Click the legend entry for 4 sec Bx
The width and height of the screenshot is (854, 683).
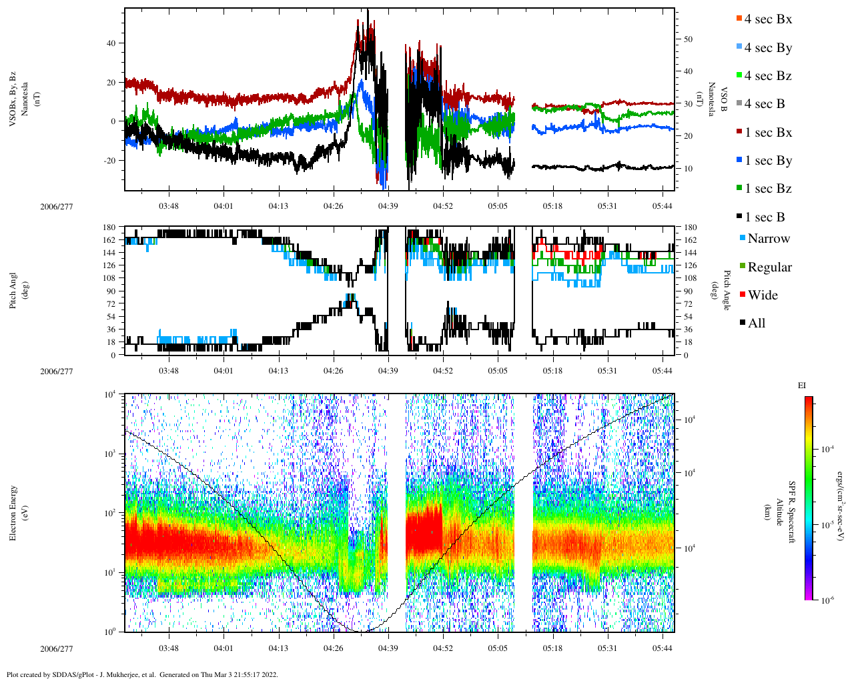767,19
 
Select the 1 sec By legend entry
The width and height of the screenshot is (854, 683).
767,161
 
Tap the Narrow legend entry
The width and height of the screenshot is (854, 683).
768,239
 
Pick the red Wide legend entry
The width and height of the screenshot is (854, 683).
762,295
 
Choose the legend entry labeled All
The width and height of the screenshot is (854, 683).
756,323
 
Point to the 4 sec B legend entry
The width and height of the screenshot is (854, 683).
764,104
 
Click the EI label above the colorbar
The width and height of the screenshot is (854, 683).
802,386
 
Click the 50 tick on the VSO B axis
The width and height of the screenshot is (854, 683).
688,39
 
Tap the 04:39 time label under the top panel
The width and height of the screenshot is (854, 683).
388,206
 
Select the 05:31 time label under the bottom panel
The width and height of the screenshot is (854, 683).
607,648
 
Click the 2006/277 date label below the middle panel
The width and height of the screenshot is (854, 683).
57,372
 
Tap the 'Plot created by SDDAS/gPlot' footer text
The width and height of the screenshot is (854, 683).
141,674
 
